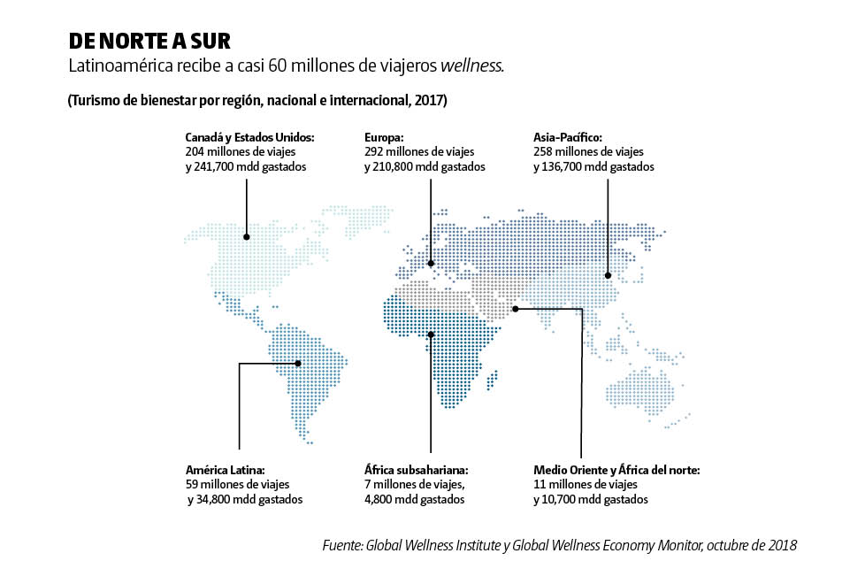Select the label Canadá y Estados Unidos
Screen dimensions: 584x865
pos(249,138)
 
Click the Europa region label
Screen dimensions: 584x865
pos(384,138)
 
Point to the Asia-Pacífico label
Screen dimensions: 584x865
pos(568,138)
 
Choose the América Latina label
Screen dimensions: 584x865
pos(226,470)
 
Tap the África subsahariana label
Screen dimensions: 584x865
pos(416,470)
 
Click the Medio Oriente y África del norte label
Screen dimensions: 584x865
pos(616,470)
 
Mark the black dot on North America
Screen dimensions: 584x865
pos(247,237)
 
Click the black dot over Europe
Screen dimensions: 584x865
pos(431,263)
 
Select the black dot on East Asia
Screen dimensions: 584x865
pos(608,275)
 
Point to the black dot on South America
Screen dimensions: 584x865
pos(298,363)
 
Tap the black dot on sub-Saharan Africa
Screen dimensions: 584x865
pos(431,334)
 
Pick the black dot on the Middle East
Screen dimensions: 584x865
pos(516,309)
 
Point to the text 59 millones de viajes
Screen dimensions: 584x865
pos(237,485)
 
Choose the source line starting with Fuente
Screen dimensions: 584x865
pos(559,546)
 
